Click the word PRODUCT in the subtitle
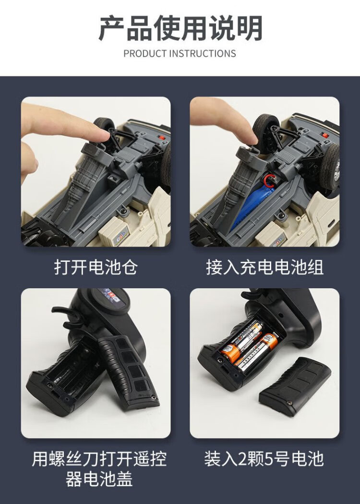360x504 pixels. (145, 53)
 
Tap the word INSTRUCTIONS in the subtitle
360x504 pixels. (202, 53)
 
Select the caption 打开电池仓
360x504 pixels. (96, 267)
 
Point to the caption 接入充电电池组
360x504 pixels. (264, 267)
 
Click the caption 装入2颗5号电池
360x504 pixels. (264, 459)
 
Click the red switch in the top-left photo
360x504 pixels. (162, 137)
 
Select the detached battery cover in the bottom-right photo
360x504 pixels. (295, 386)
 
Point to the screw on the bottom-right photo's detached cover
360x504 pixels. (289, 403)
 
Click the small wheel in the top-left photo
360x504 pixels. (104, 124)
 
